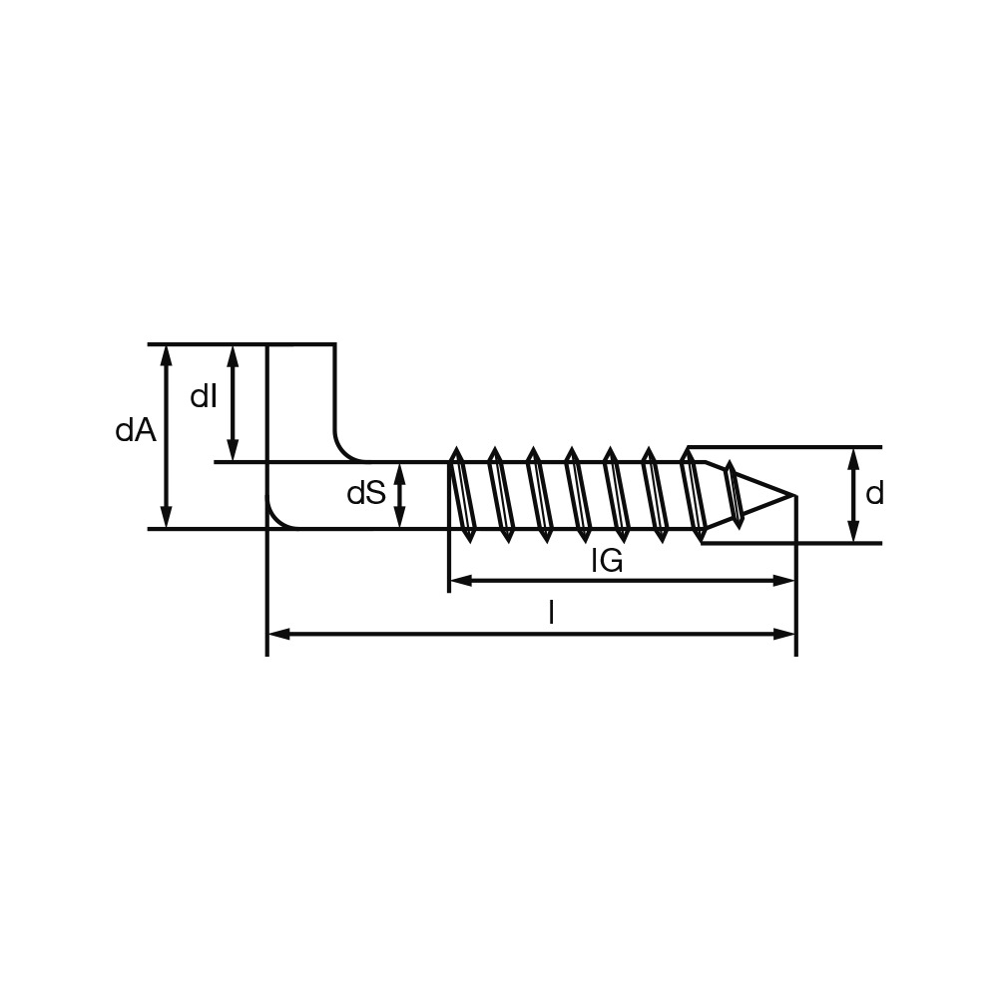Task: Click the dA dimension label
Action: (x=135, y=431)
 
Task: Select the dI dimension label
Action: (x=204, y=397)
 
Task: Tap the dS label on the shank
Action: (x=366, y=493)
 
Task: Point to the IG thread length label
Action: (x=607, y=561)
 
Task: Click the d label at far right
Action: (x=874, y=493)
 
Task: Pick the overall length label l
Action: (x=552, y=614)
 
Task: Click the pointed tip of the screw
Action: (x=795, y=495)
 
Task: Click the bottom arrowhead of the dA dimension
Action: (x=166, y=517)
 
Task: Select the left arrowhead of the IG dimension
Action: (x=460, y=581)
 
